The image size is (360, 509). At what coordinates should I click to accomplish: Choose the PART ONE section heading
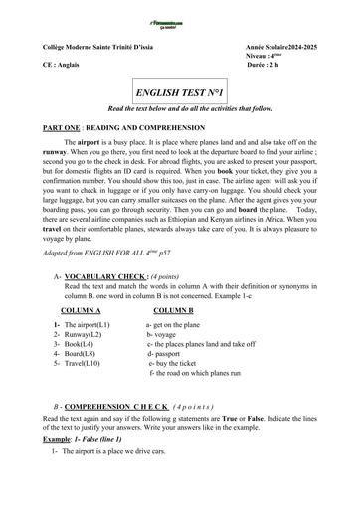click(108, 129)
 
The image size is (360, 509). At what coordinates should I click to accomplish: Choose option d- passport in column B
click(170, 353)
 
